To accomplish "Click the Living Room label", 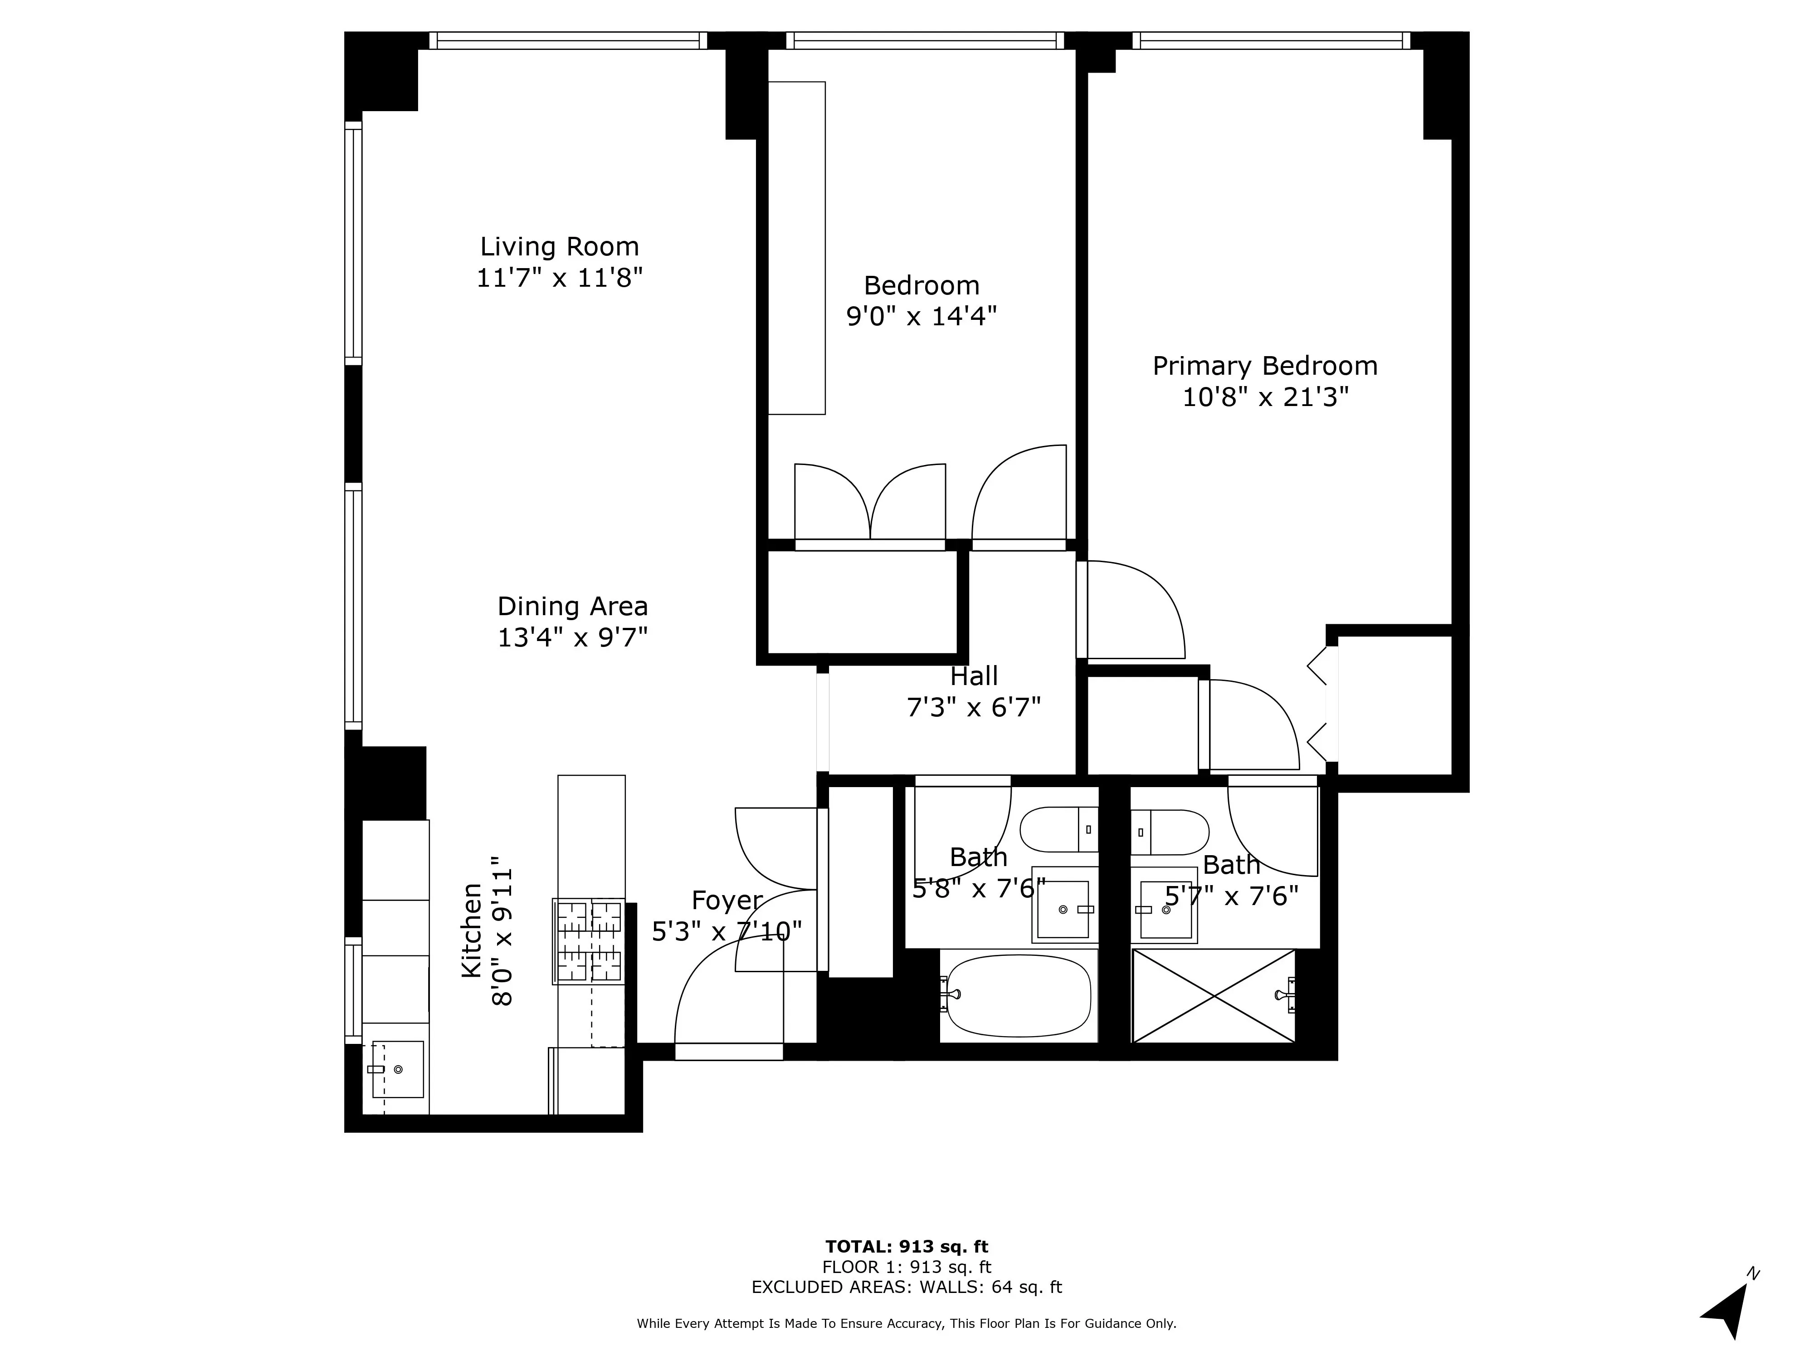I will coord(559,246).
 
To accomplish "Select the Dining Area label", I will coord(572,606).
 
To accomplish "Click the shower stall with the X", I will coord(1213,996).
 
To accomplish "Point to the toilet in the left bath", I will coord(1058,829).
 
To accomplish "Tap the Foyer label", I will coord(727,900).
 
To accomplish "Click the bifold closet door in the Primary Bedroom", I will coord(1317,705).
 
